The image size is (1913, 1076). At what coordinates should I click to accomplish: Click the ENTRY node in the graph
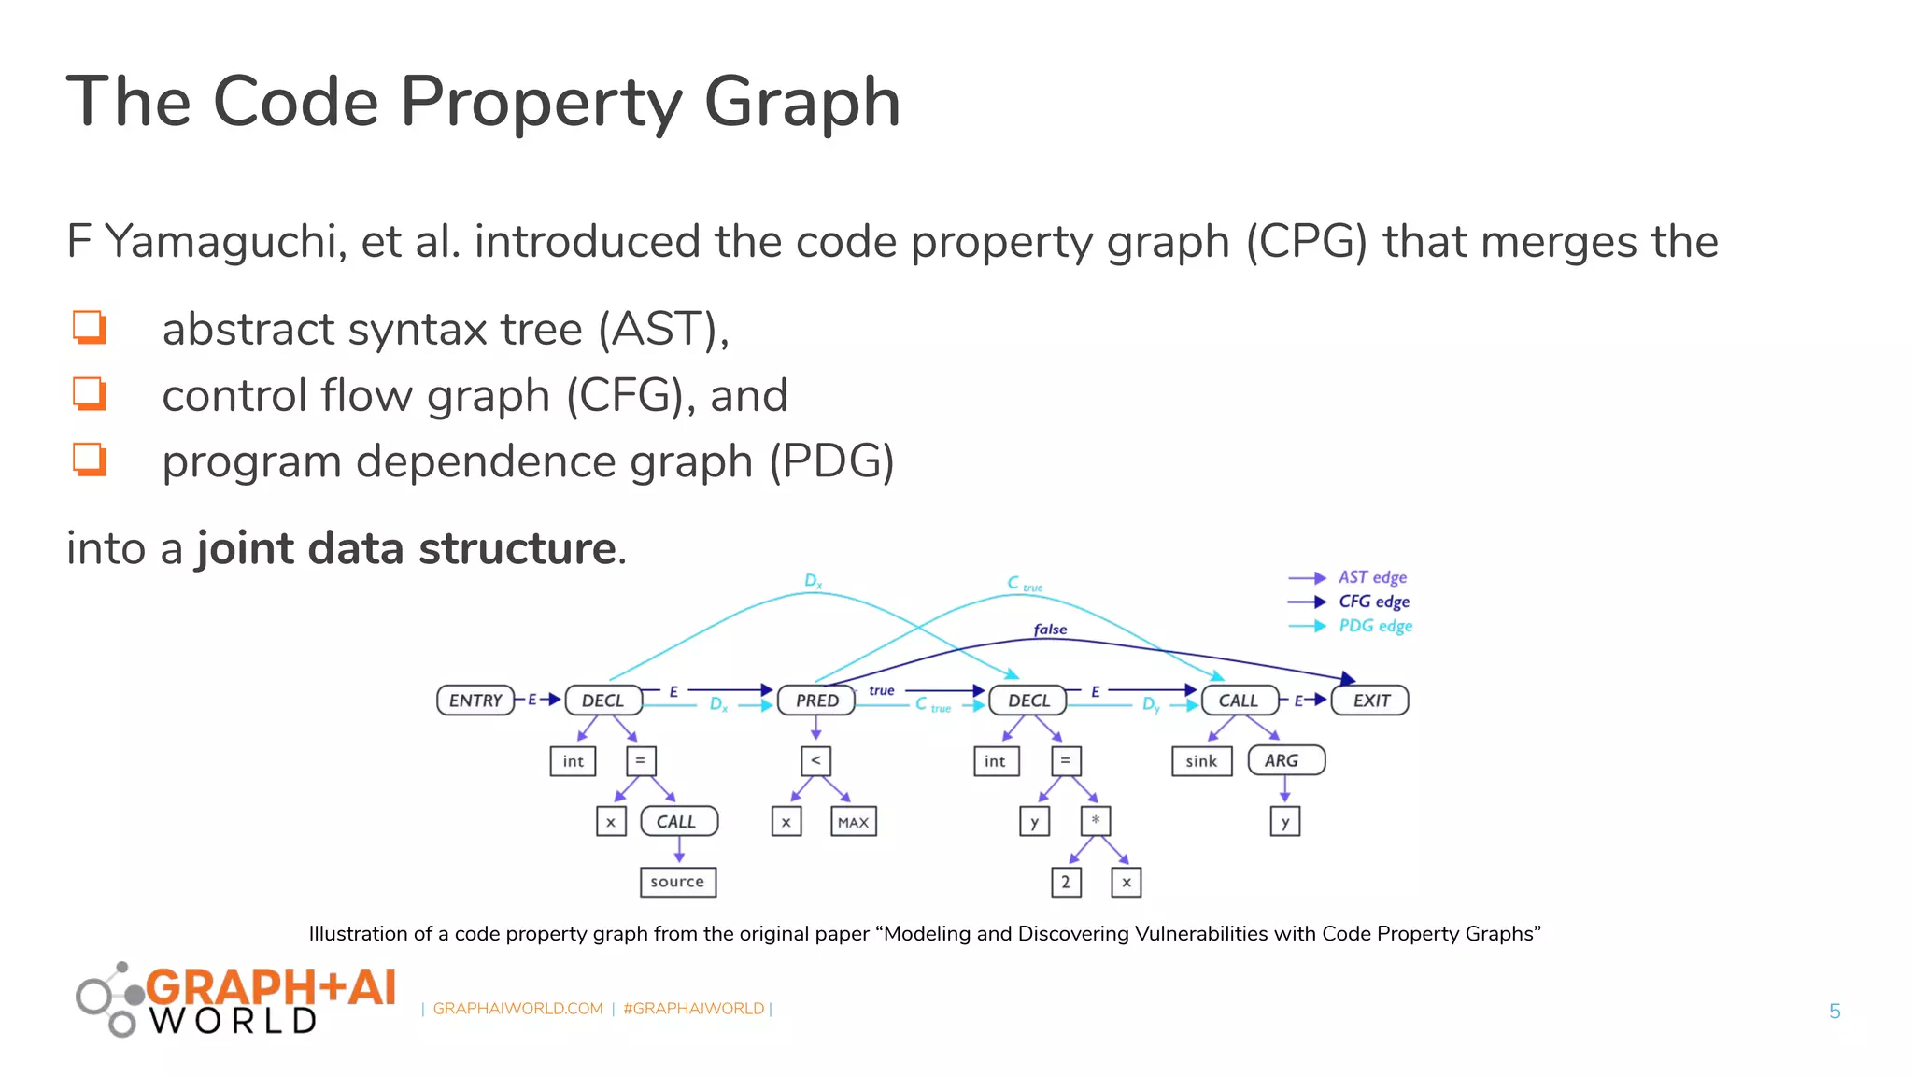pyautogui.click(x=475, y=701)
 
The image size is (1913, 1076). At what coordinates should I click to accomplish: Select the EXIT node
pyautogui.click(x=1370, y=701)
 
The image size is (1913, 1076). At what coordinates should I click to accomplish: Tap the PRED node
pyautogui.click(x=816, y=701)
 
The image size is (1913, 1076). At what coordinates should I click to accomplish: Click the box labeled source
pyautogui.click(x=677, y=882)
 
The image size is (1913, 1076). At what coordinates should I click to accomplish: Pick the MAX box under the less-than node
pyautogui.click(x=853, y=822)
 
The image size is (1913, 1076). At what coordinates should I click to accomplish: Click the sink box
pyautogui.click(x=1201, y=761)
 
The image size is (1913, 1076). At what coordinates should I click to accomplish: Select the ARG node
pyautogui.click(x=1285, y=760)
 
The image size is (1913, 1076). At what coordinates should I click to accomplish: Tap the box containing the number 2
pyautogui.click(x=1066, y=882)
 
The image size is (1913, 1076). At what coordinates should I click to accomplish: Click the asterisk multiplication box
pyautogui.click(x=1095, y=821)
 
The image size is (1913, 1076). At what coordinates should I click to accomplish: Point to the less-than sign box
pyautogui.click(x=815, y=760)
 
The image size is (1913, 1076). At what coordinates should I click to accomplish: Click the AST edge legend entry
pyautogui.click(x=1371, y=577)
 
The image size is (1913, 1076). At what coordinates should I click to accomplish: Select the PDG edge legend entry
pyautogui.click(x=1374, y=626)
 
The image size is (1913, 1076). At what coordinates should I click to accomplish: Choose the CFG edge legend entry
pyautogui.click(x=1373, y=602)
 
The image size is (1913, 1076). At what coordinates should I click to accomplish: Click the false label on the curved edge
pyautogui.click(x=1050, y=630)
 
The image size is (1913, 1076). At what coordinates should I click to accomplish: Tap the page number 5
pyautogui.click(x=1834, y=1012)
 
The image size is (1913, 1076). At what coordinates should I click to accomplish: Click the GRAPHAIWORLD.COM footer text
pyautogui.click(x=517, y=1009)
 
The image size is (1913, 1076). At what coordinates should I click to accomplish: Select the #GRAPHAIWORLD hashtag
pyautogui.click(x=693, y=1009)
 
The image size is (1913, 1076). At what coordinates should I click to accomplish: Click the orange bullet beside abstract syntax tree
pyautogui.click(x=91, y=328)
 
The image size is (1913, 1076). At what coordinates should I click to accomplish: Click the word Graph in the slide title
pyautogui.click(x=801, y=103)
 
